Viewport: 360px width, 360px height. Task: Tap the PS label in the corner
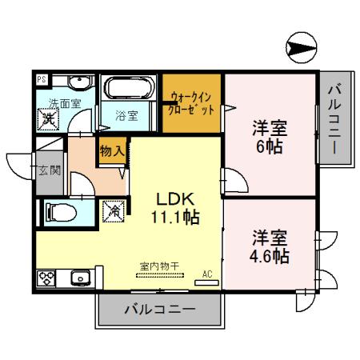pyautogui.click(x=42, y=80)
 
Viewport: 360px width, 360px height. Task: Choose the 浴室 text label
pyautogui.click(x=127, y=115)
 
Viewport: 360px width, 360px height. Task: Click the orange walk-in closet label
pyautogui.click(x=191, y=104)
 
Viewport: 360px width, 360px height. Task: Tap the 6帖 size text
pyautogui.click(x=270, y=147)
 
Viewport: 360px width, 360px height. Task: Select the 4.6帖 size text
pyautogui.click(x=270, y=257)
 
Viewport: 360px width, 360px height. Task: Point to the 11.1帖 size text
pyautogui.click(x=172, y=216)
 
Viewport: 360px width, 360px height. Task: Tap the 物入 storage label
pyautogui.click(x=111, y=150)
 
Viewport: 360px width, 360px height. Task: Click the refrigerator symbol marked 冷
pyautogui.click(x=114, y=211)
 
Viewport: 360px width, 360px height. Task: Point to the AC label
pyautogui.click(x=207, y=272)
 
